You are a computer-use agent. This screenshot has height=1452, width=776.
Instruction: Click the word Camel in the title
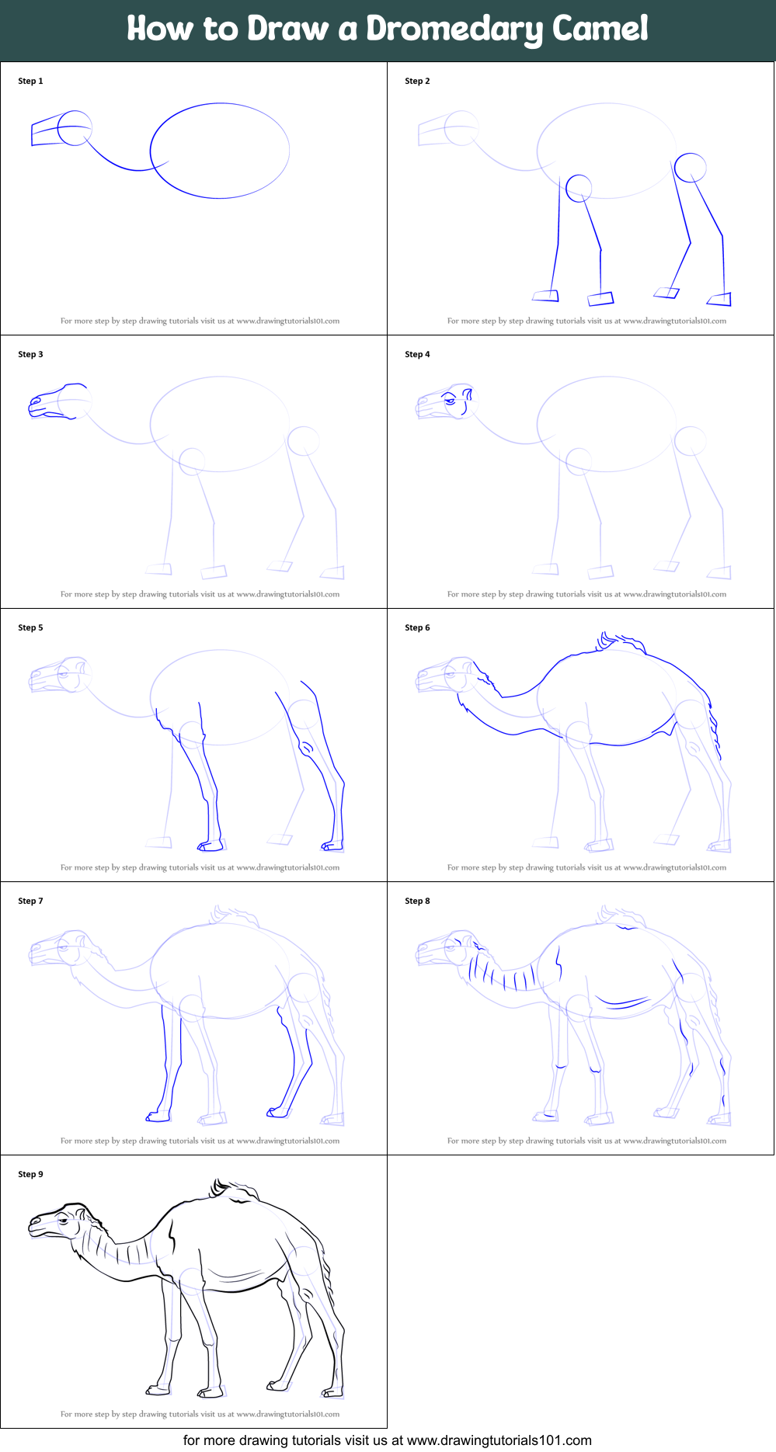click(600, 29)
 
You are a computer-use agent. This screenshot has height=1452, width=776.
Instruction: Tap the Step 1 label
click(30, 81)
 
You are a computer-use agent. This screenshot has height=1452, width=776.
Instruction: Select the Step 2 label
click(417, 81)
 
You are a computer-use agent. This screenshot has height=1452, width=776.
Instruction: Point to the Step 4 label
click(417, 354)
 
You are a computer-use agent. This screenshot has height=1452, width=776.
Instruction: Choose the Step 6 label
click(417, 627)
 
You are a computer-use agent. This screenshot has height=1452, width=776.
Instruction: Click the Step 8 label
click(417, 901)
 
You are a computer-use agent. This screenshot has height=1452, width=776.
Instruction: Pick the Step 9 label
click(30, 1174)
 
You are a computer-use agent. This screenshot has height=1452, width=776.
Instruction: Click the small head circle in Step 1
click(75, 128)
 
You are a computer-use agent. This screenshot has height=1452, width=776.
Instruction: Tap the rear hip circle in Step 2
click(690, 168)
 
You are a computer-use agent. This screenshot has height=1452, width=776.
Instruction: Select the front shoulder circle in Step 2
click(579, 188)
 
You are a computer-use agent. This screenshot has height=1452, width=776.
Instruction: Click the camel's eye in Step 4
click(450, 401)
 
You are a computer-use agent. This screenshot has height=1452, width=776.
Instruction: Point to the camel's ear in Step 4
click(468, 394)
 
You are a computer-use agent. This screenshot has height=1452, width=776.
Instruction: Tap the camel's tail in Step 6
click(715, 726)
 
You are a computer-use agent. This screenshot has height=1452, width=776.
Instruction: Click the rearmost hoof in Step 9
click(332, 1391)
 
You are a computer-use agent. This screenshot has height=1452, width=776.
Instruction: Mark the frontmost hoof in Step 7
click(158, 1117)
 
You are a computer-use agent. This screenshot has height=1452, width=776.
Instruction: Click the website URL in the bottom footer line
click(499, 1441)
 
